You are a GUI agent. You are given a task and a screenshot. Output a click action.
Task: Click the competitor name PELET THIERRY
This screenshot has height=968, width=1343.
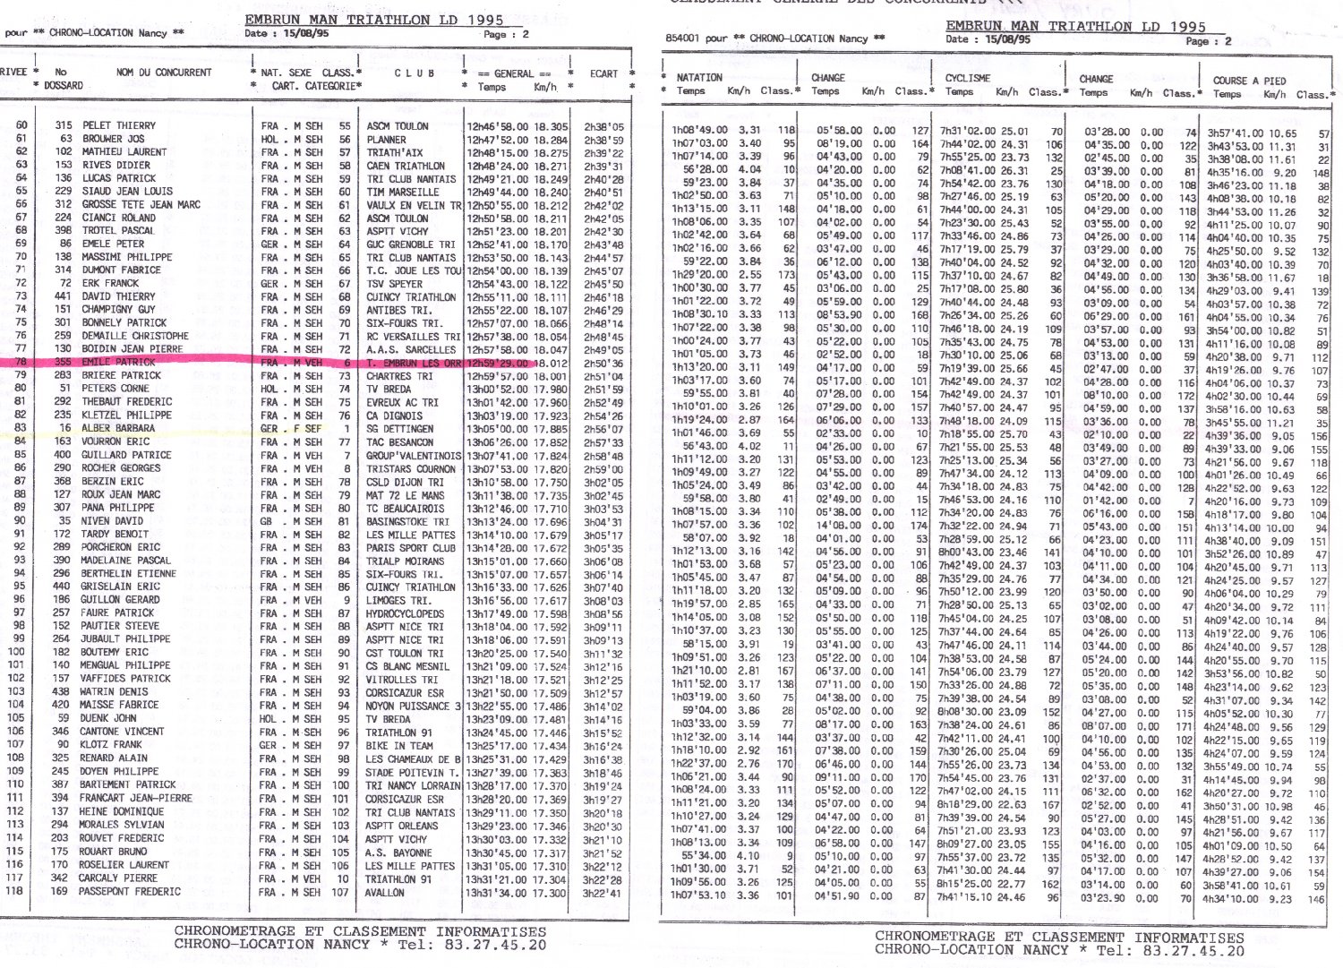click(118, 126)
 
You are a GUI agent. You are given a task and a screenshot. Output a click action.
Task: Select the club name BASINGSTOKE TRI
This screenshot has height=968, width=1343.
click(407, 521)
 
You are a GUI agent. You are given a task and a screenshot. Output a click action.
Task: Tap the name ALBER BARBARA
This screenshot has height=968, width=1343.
click(118, 429)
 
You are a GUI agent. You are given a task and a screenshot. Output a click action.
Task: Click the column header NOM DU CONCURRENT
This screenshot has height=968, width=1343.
click(164, 73)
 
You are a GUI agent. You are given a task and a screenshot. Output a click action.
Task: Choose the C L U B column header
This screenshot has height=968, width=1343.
click(415, 73)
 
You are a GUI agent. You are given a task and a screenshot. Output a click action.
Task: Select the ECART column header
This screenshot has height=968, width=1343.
click(603, 73)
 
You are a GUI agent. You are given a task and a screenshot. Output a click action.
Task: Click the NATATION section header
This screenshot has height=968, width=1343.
click(699, 78)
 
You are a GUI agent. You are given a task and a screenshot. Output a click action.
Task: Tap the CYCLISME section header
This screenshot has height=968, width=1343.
click(968, 78)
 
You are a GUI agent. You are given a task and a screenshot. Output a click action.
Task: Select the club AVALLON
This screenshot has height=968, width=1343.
click(385, 892)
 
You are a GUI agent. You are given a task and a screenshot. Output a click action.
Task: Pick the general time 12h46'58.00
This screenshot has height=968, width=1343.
click(497, 126)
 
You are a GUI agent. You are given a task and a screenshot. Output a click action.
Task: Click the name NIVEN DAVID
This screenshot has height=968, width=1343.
click(112, 521)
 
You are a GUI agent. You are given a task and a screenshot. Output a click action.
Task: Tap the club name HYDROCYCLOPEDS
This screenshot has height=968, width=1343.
click(405, 613)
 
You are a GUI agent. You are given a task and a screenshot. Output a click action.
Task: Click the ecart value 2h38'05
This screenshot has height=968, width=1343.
click(603, 126)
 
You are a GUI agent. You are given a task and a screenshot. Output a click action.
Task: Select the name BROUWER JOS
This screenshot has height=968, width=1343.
click(114, 140)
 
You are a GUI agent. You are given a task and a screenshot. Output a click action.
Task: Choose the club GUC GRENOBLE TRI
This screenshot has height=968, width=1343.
click(411, 244)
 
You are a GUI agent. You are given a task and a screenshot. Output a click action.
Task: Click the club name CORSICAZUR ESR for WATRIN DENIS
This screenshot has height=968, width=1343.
click(405, 693)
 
